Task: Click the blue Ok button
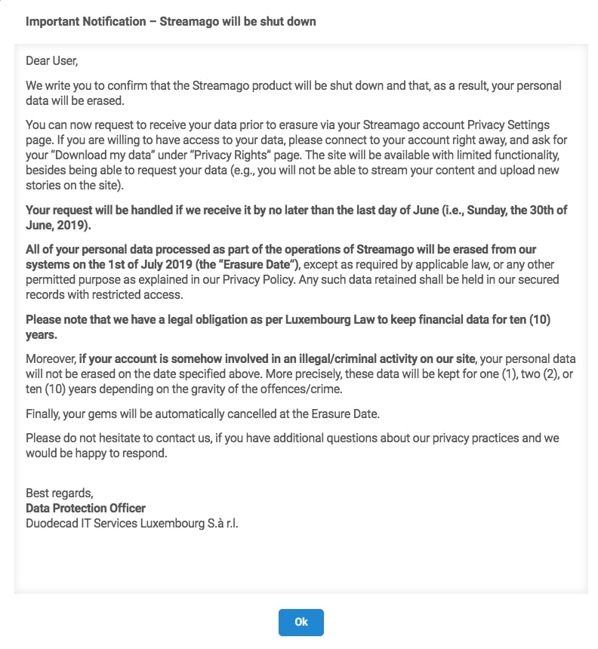click(x=301, y=622)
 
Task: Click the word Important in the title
click(x=50, y=21)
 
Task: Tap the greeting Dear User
click(x=52, y=60)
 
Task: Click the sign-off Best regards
click(x=59, y=494)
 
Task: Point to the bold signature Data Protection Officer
click(x=85, y=508)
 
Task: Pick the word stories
click(x=45, y=184)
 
